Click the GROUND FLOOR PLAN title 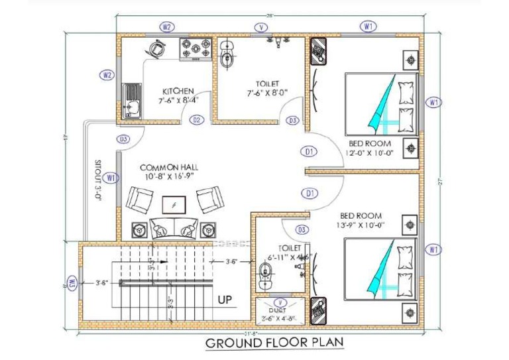click(x=274, y=343)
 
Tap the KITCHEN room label click(x=178, y=91)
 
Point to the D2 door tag click(x=196, y=120)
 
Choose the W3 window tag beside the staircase click(x=73, y=284)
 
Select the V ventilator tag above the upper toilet click(x=262, y=27)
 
